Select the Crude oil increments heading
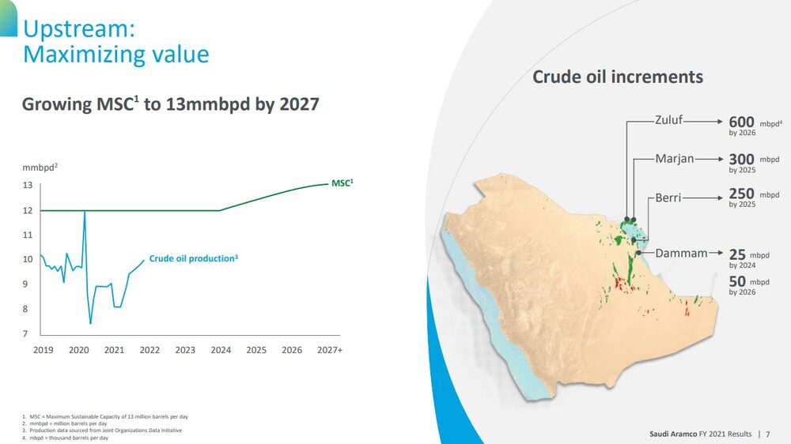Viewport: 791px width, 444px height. (618, 77)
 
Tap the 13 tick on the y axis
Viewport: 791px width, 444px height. (27, 186)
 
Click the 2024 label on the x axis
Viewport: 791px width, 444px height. (221, 350)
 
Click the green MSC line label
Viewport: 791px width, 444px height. (342, 182)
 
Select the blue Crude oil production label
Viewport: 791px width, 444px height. (193, 258)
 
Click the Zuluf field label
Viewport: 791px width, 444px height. (668, 122)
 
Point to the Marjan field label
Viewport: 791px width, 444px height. (674, 159)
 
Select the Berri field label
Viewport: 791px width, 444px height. (668, 198)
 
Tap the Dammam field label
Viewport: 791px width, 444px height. (681, 254)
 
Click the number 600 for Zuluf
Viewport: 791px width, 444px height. (741, 122)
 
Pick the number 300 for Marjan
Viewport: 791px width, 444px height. (741, 160)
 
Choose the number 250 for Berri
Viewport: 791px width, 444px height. (741, 194)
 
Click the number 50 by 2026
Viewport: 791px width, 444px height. (737, 282)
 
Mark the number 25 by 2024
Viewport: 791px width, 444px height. (737, 254)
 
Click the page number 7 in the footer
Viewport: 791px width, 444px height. (767, 434)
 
